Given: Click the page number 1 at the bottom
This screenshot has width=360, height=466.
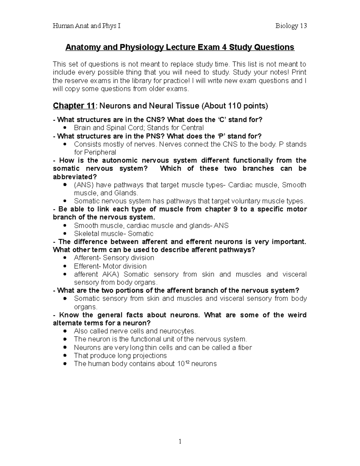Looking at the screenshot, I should point(180,441).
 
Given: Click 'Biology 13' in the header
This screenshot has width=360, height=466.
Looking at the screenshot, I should point(291,26).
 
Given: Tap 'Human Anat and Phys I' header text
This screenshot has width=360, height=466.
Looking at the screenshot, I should point(86,26).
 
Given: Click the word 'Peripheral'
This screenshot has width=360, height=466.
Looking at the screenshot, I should point(95,152).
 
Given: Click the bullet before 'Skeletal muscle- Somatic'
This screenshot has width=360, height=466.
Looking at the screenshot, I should point(65,234).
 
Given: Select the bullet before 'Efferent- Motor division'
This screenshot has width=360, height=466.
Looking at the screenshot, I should point(65,266).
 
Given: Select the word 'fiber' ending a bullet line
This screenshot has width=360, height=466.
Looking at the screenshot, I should point(244,347).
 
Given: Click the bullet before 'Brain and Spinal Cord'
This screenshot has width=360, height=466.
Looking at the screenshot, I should point(65,128).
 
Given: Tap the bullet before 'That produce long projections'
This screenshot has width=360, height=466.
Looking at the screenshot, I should point(65,356).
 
